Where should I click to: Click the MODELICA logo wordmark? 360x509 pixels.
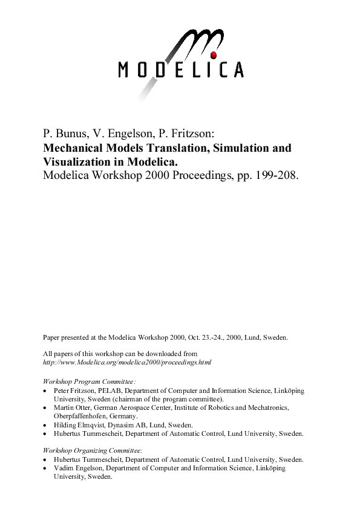(181, 70)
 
